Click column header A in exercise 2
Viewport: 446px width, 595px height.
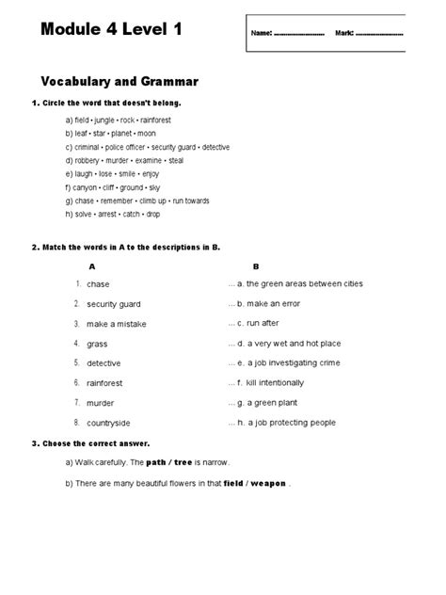89,267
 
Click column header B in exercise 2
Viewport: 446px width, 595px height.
255,267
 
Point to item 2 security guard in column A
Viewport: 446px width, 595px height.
113,304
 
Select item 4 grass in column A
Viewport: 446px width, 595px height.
97,344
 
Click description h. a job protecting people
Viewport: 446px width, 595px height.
286,423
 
